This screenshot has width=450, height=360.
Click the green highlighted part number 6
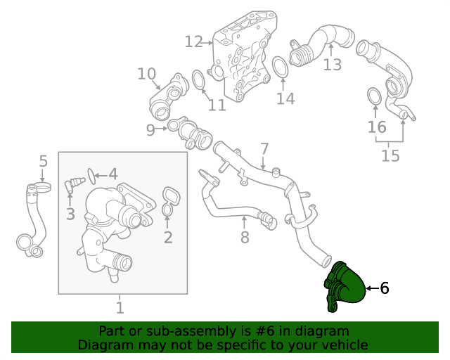345,287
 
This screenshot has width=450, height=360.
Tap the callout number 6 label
384,288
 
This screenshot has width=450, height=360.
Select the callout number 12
193,42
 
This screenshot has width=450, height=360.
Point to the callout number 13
332,65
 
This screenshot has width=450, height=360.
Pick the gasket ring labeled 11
198,79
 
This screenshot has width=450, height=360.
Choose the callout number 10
146,74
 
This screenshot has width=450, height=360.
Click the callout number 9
150,129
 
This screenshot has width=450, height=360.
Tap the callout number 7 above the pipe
264,149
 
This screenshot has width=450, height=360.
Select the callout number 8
245,238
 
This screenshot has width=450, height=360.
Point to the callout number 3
70,214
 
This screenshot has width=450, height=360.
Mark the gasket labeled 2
170,200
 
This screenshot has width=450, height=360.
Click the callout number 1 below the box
120,307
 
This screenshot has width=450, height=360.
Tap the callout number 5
43,161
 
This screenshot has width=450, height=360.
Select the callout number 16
377,127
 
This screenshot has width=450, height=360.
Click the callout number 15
390,155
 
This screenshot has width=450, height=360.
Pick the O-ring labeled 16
375,96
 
